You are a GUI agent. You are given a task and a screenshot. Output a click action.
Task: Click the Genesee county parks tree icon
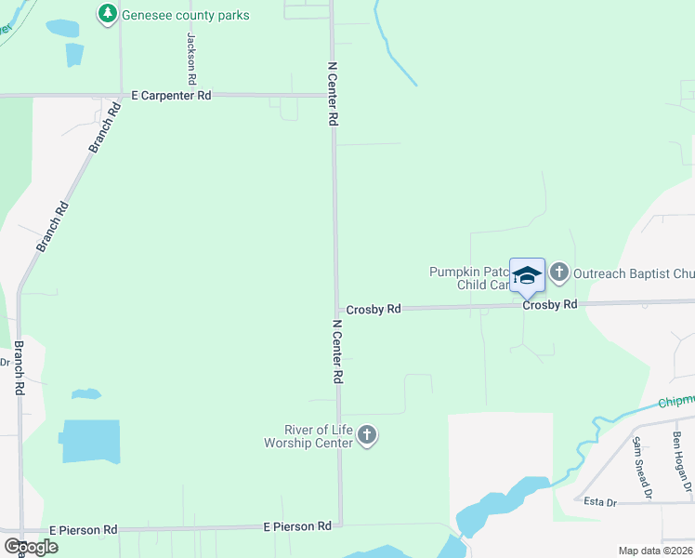click(109, 13)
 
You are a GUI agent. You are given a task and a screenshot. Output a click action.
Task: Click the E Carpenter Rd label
click(171, 95)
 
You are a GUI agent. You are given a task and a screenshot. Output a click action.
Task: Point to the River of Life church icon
click(367, 435)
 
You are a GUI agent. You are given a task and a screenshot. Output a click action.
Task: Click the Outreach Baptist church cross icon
click(558, 272)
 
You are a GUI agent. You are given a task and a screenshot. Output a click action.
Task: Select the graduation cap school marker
click(527, 275)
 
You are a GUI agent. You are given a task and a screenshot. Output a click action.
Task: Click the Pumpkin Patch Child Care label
click(469, 278)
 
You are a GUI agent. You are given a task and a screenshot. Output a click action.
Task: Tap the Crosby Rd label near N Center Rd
click(374, 309)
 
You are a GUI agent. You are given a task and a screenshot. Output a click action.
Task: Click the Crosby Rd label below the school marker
click(549, 304)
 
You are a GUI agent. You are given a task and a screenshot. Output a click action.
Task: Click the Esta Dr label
click(600, 501)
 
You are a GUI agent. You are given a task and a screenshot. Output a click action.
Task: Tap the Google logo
click(32, 547)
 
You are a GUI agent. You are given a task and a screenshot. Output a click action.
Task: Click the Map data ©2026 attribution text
click(654, 551)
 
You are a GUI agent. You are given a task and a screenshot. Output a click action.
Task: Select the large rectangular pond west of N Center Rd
click(91, 441)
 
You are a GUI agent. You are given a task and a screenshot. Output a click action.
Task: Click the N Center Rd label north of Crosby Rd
click(333, 95)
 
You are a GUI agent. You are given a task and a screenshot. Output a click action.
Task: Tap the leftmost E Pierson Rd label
click(84, 529)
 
